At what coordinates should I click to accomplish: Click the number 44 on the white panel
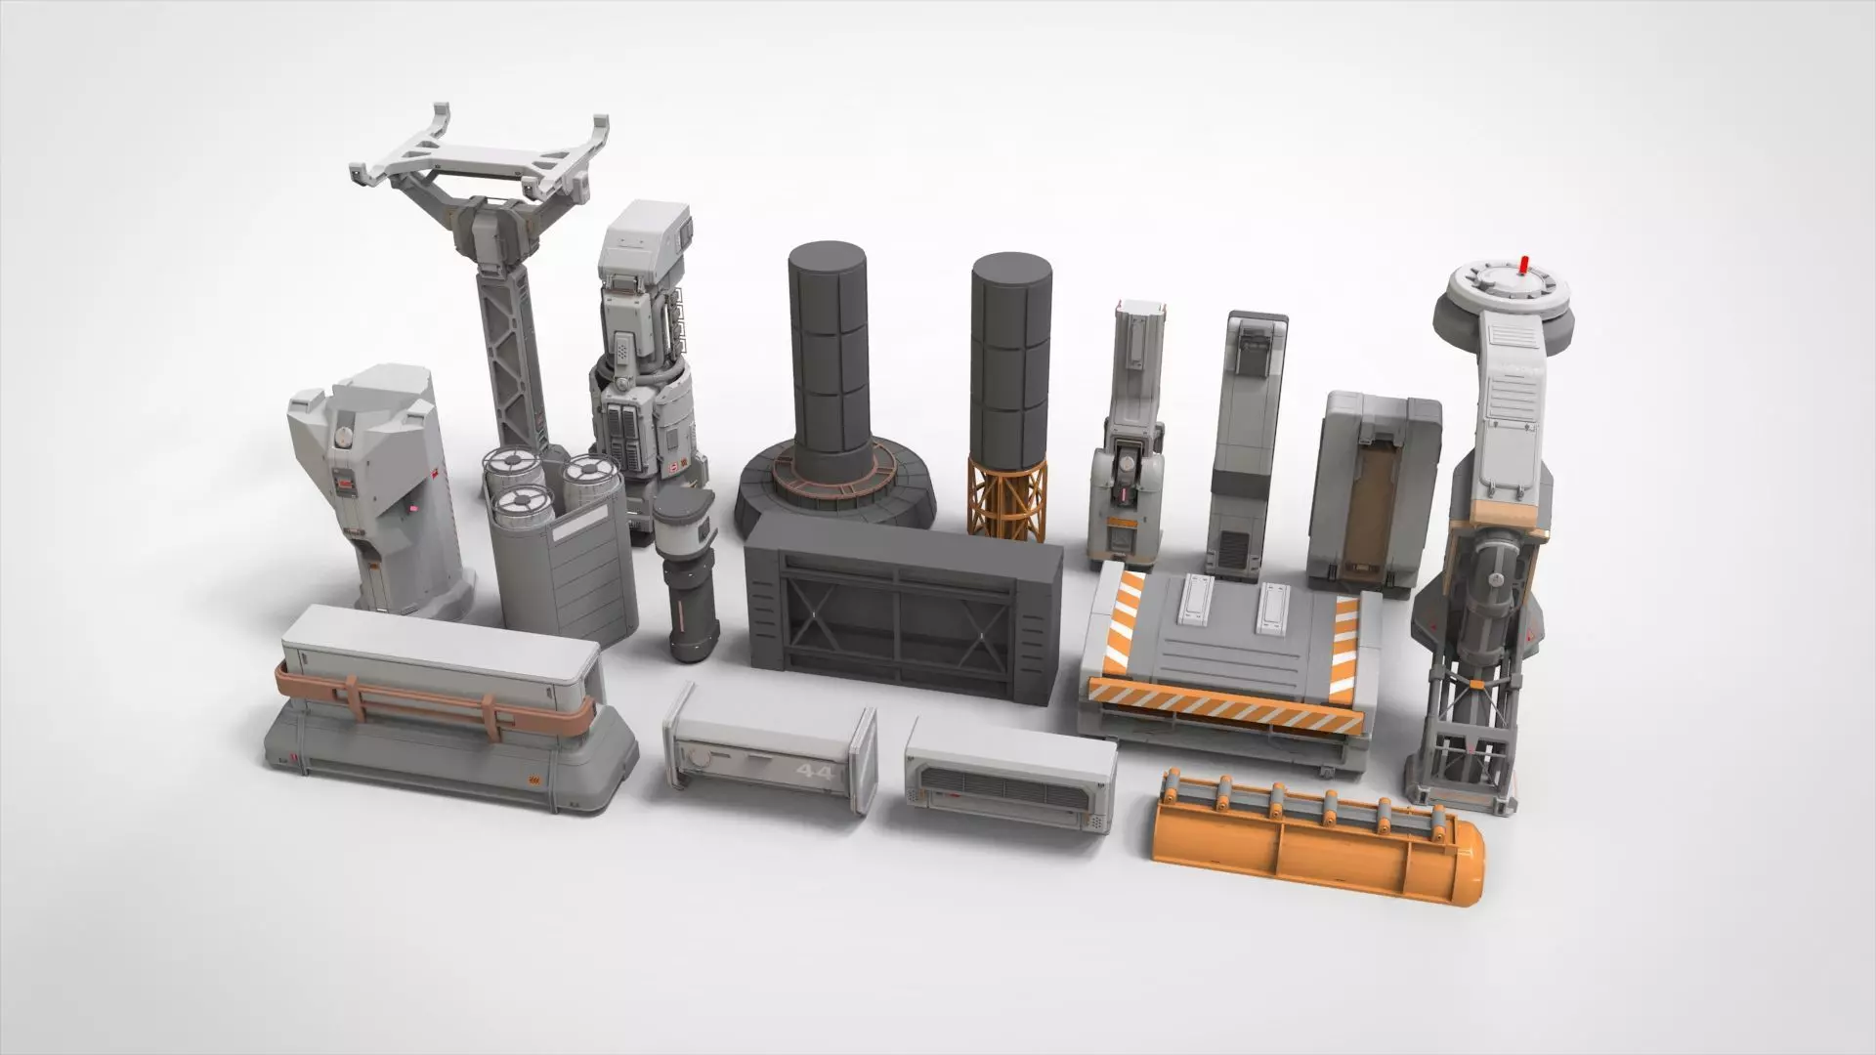(815, 773)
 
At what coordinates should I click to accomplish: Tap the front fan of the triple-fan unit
(519, 506)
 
